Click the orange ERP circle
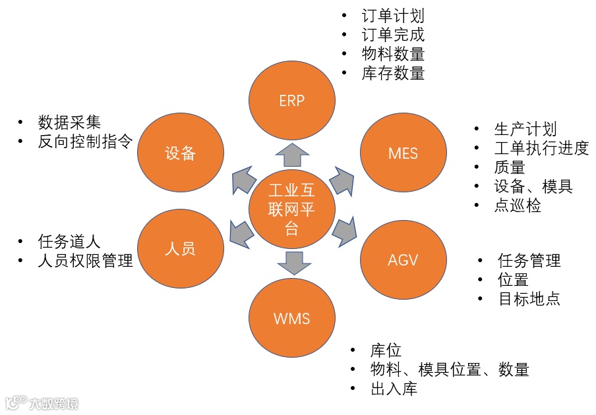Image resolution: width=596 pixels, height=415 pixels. [x=291, y=100]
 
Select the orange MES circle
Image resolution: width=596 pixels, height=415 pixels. [x=403, y=154]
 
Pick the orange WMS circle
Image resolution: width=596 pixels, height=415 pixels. [x=291, y=318]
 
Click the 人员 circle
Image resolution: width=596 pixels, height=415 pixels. [x=180, y=249]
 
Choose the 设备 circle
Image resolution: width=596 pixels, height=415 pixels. [x=180, y=153]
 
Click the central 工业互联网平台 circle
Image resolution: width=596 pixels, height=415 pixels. [x=291, y=209]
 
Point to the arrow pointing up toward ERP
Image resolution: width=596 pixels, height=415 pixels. [x=291, y=155]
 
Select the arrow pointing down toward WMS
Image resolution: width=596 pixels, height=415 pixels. [x=291, y=262]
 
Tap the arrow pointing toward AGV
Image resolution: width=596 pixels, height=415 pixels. [x=344, y=231]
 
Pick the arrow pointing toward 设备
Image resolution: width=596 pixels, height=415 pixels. [x=243, y=180]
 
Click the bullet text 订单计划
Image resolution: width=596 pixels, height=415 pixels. [x=393, y=16]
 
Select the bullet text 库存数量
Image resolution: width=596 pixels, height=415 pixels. [x=393, y=73]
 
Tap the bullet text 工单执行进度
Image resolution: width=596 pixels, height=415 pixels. [x=541, y=148]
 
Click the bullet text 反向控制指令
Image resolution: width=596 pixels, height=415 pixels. [x=86, y=142]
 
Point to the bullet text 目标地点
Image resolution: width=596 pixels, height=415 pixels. [x=529, y=298]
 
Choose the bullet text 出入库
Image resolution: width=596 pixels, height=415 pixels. [x=394, y=389]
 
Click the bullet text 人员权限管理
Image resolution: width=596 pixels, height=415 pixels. [x=86, y=260]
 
